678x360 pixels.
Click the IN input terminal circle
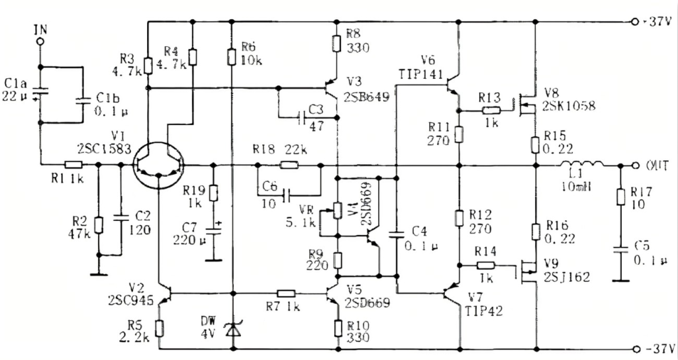[40, 41]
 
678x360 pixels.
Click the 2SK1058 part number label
[568, 105]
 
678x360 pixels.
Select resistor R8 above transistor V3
[338, 44]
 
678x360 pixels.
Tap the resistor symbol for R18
[289, 165]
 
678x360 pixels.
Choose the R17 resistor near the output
[620, 197]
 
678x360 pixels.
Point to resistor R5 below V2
[159, 327]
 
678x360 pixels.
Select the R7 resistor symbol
[286, 292]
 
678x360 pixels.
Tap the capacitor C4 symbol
[396, 234]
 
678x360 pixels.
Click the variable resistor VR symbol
[338, 210]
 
